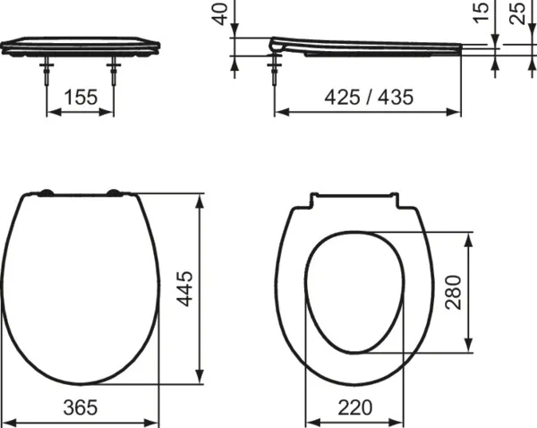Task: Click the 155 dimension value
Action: (x=80, y=98)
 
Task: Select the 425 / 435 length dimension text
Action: (x=368, y=98)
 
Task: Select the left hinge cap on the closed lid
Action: (x=45, y=192)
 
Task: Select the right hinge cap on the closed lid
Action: (x=115, y=192)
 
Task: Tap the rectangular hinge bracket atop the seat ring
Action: (x=355, y=200)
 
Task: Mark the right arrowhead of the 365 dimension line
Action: (x=156, y=422)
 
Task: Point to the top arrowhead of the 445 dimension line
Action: (x=199, y=196)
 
